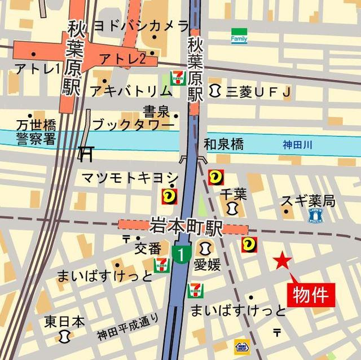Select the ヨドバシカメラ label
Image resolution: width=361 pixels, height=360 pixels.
[140, 25]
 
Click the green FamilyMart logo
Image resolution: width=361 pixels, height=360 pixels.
[239, 36]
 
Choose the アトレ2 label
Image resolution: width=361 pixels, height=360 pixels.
[122, 58]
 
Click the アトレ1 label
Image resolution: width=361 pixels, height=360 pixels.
[37, 69]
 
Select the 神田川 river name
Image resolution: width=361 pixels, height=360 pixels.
[298, 145]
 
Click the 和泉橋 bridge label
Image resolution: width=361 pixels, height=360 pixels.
[224, 144]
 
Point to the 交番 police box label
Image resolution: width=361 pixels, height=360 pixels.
[148, 248]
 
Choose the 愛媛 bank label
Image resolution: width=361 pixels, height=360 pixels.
[207, 264]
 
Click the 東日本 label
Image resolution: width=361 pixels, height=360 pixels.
[65, 322]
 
